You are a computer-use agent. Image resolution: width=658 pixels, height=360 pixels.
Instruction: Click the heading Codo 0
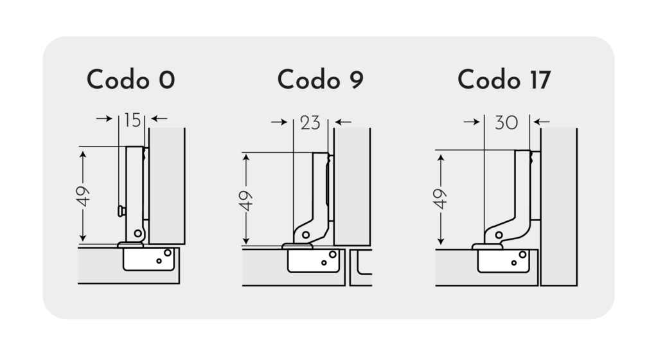[130, 80]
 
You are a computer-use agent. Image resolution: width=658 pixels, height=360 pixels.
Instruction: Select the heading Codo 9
[320, 80]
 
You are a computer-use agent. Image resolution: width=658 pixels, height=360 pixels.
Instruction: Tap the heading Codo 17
[504, 80]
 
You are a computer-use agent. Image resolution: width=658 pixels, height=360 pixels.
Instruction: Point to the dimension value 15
[132, 120]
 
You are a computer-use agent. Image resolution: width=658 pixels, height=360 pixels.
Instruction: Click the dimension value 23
[310, 123]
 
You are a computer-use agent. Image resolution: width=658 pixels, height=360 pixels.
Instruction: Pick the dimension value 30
[506, 123]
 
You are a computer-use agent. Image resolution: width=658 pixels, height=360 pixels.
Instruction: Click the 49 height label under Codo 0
[83, 196]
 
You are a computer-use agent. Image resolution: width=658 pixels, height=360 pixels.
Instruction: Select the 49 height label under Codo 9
[246, 201]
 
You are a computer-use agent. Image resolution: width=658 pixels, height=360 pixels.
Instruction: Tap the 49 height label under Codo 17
[440, 199]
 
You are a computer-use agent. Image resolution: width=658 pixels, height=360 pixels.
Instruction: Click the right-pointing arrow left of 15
[105, 119]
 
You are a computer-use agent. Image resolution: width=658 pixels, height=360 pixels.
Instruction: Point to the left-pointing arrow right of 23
[343, 122]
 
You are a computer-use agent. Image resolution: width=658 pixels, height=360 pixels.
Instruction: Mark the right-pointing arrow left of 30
[472, 122]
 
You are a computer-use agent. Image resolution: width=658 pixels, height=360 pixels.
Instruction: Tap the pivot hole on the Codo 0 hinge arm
[138, 233]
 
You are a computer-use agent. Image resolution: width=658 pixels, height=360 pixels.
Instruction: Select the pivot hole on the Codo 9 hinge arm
[306, 235]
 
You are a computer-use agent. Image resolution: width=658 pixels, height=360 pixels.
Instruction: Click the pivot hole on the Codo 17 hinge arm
[499, 235]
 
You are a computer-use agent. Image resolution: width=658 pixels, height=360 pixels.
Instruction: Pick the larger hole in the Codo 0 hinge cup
[168, 253]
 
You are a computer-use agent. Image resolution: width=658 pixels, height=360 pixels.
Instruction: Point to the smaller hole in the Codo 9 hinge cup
[324, 263]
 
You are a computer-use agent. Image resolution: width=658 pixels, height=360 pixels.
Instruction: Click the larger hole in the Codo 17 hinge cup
[522, 255]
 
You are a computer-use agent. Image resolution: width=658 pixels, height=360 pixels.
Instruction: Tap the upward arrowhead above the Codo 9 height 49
[246, 158]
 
